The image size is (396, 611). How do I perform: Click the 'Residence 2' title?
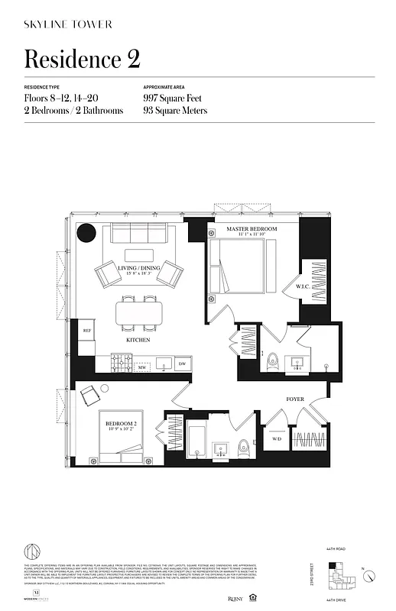[x=82, y=59]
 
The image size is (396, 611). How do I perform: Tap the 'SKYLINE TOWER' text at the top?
[x=68, y=24]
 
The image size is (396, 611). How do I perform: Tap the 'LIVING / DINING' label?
[x=138, y=269]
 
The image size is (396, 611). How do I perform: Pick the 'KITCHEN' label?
[x=138, y=339]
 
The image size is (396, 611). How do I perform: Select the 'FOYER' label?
[x=295, y=399]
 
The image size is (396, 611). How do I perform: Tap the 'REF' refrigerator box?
[x=87, y=330]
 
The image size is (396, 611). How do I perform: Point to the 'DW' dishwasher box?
[x=182, y=364]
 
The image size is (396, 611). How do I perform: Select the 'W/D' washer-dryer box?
[x=276, y=439]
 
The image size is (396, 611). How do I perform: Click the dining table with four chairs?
[x=140, y=312]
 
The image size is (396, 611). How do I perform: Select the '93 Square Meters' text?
[x=174, y=111]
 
